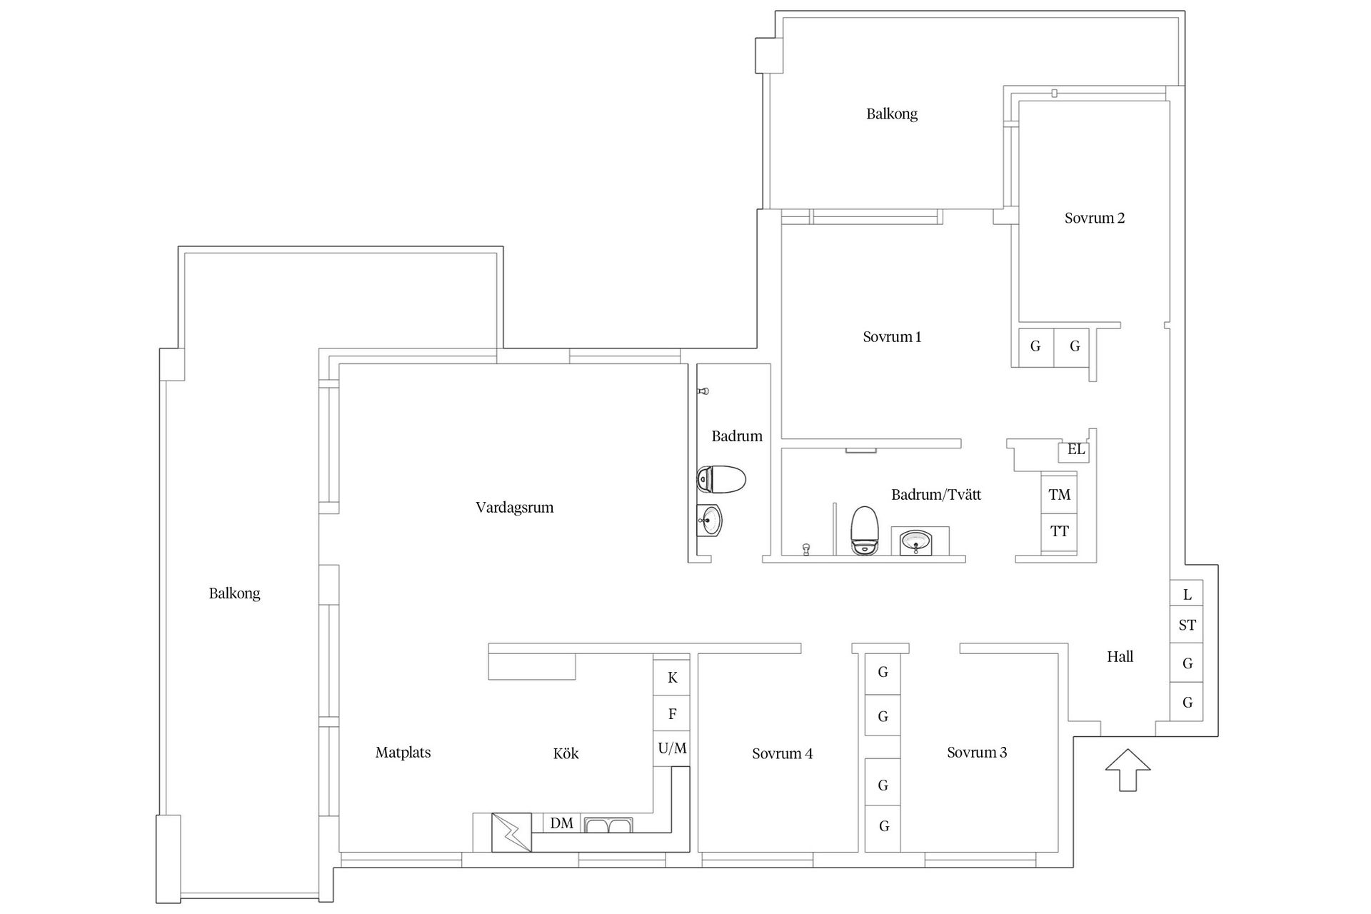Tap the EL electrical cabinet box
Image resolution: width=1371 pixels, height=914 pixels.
coord(1075,451)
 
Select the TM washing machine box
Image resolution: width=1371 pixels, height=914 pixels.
coord(1059,494)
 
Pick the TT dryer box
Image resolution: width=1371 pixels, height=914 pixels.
coord(1059,532)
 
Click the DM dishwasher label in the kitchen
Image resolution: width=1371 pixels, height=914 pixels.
coord(562,823)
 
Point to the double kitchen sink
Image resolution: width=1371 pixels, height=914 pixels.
coord(608,825)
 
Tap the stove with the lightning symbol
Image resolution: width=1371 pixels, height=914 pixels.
coord(512,833)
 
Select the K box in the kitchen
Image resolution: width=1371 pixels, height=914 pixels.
coord(672,678)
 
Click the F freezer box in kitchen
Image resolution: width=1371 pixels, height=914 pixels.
coord(672,714)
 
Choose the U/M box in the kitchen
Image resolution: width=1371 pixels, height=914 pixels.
coord(672,748)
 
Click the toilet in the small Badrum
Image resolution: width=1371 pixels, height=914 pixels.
coord(721,479)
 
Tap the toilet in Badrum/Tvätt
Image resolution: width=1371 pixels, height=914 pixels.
coord(864,531)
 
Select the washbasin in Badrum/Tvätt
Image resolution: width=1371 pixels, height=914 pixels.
coord(915,543)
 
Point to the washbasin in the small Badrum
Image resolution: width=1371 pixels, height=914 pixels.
coord(710,520)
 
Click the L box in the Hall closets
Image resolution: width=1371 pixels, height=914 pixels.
coord(1187,594)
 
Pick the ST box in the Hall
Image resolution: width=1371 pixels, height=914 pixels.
coord(1187,626)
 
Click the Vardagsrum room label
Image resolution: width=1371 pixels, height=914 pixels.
coord(514,508)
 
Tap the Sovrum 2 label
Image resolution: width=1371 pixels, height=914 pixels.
coord(1094,219)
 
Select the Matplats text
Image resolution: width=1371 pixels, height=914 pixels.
coord(403,753)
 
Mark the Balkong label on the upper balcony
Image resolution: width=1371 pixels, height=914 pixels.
coord(891,114)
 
